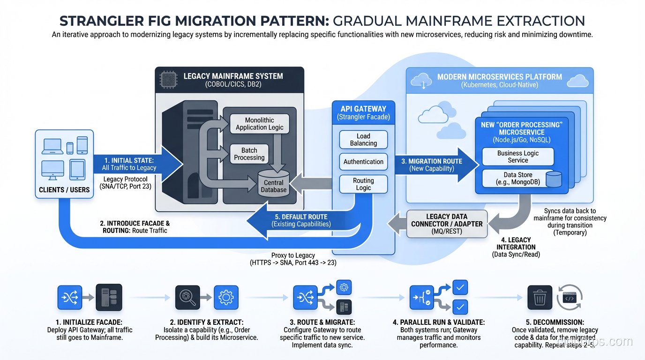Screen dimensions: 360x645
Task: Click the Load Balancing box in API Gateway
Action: pyautogui.click(x=363, y=140)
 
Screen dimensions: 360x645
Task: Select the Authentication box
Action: pyautogui.click(x=363, y=162)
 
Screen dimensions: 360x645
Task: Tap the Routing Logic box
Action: pyautogui.click(x=363, y=184)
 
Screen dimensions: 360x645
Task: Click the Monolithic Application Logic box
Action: pyautogui.click(x=259, y=124)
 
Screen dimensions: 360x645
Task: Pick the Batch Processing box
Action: pyautogui.click(x=249, y=154)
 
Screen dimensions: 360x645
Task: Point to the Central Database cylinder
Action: pyautogui.click(x=273, y=183)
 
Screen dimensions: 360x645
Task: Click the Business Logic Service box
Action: pyautogui.click(x=517, y=157)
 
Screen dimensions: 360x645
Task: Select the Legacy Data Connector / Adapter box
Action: pyautogui.click(x=447, y=224)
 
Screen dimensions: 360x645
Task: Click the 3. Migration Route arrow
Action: pyautogui.click(x=434, y=165)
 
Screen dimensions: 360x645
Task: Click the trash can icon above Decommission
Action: pyautogui.click(x=540, y=297)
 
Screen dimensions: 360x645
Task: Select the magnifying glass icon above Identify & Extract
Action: pyautogui.click(x=187, y=297)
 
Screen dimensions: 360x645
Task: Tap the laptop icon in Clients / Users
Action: pyautogui.click(x=52, y=147)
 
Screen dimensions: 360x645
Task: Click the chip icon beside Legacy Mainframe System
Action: pyautogui.click(x=167, y=77)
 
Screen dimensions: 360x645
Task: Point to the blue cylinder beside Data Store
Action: pyautogui.click(x=554, y=179)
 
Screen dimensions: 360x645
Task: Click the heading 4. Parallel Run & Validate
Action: pyautogui.click(x=438, y=322)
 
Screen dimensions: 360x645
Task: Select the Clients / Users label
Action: pyautogui.click(x=64, y=190)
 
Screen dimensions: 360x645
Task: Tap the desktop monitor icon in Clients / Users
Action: pyautogui.click(x=52, y=170)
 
